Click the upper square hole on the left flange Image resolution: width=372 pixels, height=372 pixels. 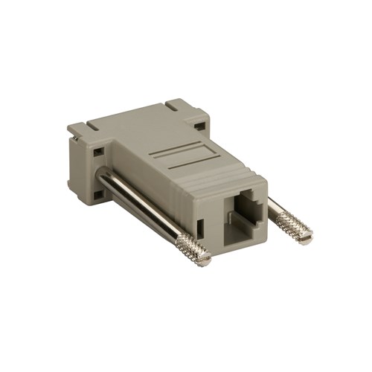(97, 152)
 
